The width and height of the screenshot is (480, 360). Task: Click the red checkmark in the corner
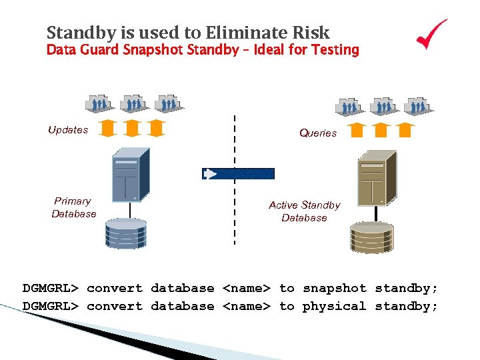pyautogui.click(x=431, y=35)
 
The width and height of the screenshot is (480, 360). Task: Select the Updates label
pyautogui.click(x=68, y=130)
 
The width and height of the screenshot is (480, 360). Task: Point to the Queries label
pyautogui.click(x=318, y=133)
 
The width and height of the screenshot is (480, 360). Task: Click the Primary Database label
pyautogui.click(x=73, y=207)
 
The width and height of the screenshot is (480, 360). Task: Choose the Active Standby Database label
pyautogui.click(x=304, y=211)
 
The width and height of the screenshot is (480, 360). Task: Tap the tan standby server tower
pyautogui.click(x=377, y=177)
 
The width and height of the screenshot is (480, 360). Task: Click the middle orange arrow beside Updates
pyautogui.click(x=132, y=127)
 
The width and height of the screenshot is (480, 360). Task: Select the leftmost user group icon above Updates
pyautogui.click(x=99, y=103)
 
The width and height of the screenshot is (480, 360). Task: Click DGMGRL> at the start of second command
pyautogui.click(x=51, y=307)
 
